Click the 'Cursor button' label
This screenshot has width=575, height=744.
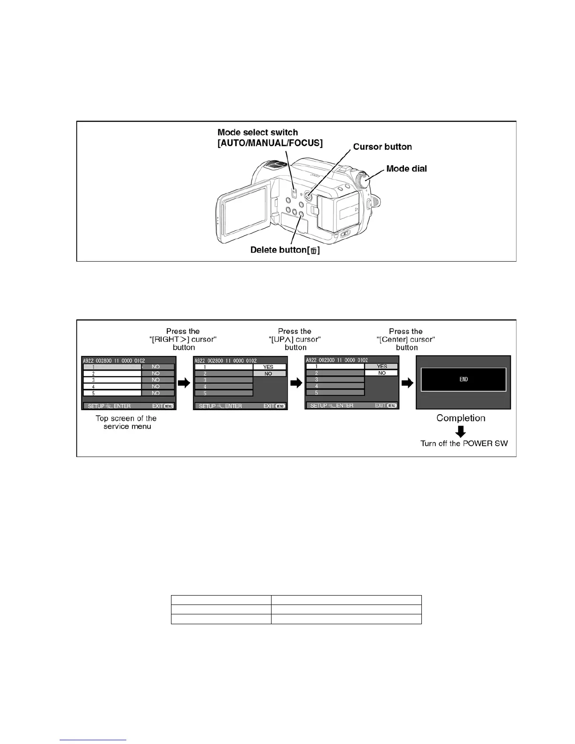pos(382,147)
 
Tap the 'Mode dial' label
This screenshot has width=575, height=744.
pos(406,169)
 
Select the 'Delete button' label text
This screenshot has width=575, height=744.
pos(285,250)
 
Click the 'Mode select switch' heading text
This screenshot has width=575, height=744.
pos(258,132)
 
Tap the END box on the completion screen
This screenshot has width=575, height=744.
pos(463,380)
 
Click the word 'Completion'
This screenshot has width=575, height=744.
pos(460,418)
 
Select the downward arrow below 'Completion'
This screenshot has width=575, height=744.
pos(461,431)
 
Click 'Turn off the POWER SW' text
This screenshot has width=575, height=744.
pos(464,443)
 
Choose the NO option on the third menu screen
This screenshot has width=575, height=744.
pos(381,373)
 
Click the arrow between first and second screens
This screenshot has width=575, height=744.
pos(185,383)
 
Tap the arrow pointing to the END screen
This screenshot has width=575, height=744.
pos(407,383)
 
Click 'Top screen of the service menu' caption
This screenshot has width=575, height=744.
pos(126,422)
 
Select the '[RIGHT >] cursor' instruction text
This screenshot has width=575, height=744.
pos(183,339)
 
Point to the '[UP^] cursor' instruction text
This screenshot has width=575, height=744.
pos(295,339)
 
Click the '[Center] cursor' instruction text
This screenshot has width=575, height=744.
pos(406,339)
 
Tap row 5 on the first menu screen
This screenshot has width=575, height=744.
pos(112,393)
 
